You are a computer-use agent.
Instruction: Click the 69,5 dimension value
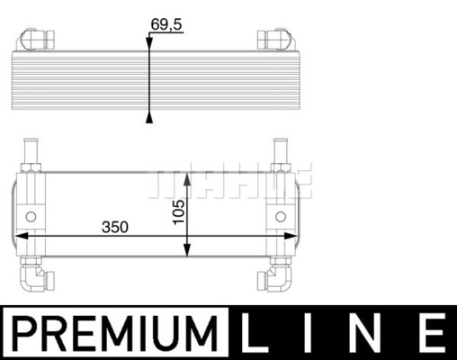point(166,24)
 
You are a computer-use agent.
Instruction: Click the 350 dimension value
point(115,227)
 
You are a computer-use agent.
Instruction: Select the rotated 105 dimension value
point(179,211)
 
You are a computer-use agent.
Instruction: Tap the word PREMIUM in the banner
point(114,333)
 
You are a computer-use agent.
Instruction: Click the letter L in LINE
point(254,333)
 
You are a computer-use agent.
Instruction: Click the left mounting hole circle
point(31,217)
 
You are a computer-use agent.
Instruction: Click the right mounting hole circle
point(281,217)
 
